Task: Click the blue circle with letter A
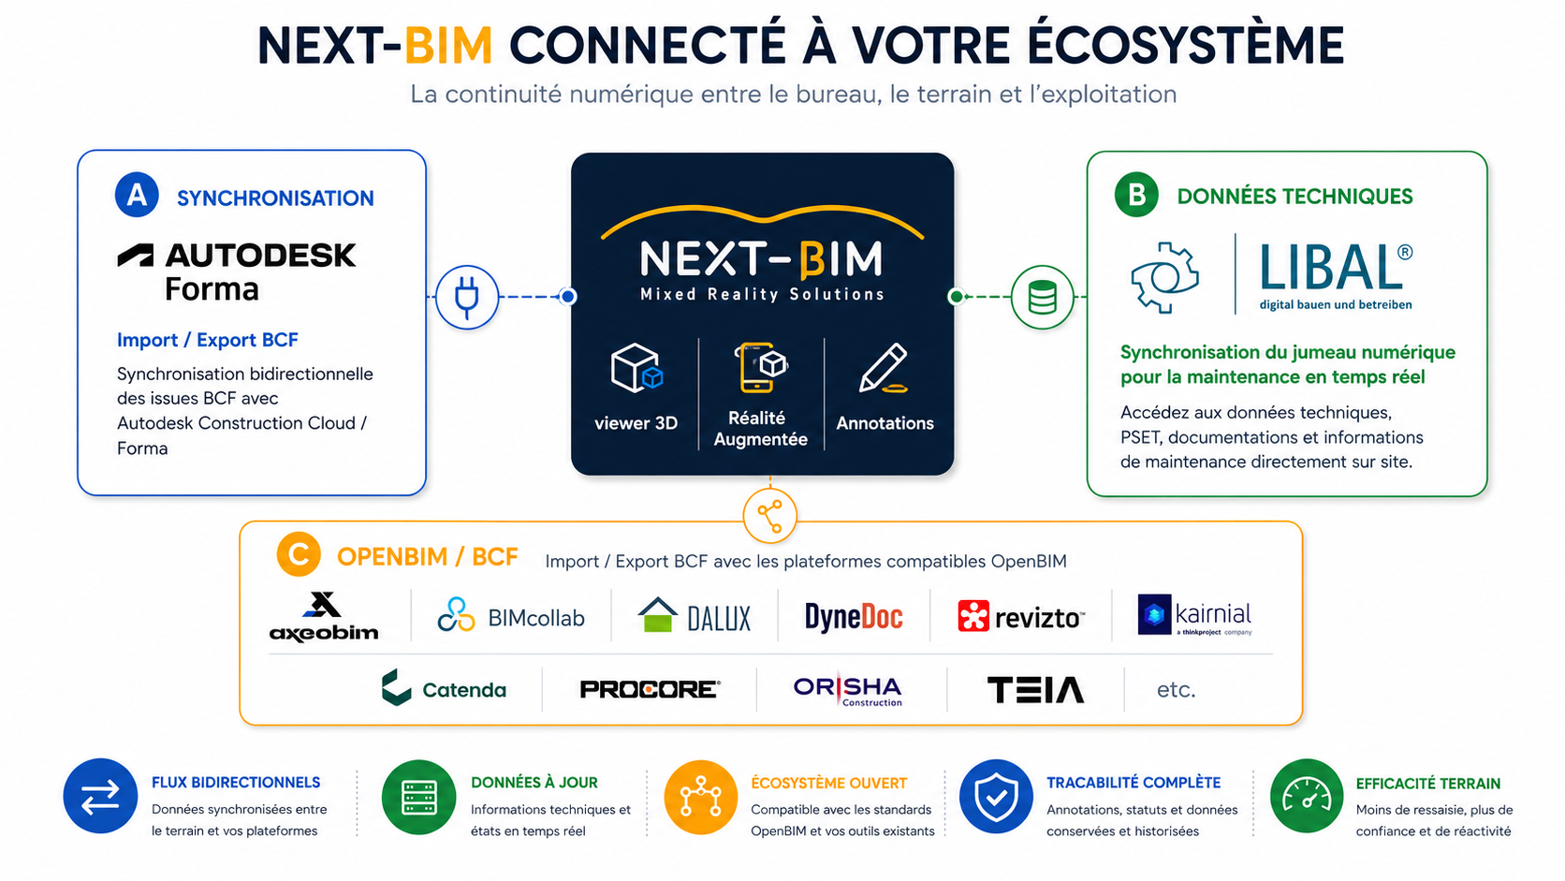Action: (x=137, y=195)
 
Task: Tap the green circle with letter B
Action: (x=1136, y=194)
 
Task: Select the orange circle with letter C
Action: (x=299, y=555)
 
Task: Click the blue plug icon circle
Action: (x=467, y=297)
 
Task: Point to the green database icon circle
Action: (x=1043, y=297)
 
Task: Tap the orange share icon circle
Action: (x=770, y=516)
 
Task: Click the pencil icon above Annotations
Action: (x=883, y=368)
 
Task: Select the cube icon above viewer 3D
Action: (x=636, y=368)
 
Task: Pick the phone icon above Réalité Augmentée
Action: (x=760, y=368)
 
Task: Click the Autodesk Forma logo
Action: (x=237, y=272)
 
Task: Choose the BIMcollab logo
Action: (x=511, y=615)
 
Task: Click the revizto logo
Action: (x=1021, y=616)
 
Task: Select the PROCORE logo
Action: (x=650, y=690)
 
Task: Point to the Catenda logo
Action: (x=444, y=688)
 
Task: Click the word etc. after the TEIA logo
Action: (x=1176, y=690)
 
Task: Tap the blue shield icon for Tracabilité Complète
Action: (x=996, y=797)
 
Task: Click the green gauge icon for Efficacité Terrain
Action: (x=1307, y=797)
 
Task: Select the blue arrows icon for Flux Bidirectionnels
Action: (x=100, y=797)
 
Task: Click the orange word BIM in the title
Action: (x=448, y=46)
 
